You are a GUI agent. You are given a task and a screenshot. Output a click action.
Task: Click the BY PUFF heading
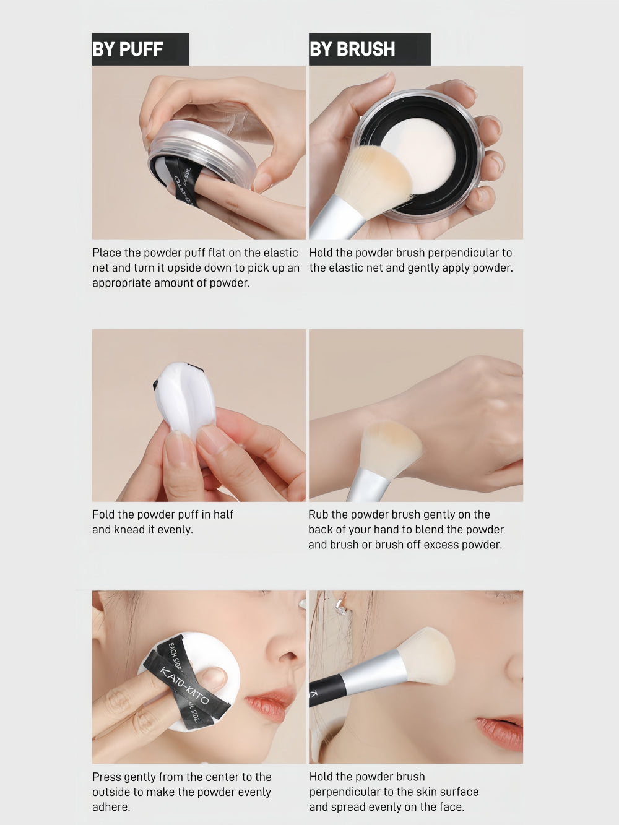click(128, 50)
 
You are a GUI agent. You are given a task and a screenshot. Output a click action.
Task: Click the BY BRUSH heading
click(352, 50)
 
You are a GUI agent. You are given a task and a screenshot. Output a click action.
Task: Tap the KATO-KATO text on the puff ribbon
click(184, 685)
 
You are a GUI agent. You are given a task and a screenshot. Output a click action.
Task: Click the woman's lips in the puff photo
click(268, 704)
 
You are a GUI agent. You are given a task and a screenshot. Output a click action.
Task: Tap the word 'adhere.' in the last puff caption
click(111, 807)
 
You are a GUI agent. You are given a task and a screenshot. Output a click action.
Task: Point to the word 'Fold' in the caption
click(104, 514)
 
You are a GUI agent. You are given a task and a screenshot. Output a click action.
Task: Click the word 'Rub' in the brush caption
click(318, 514)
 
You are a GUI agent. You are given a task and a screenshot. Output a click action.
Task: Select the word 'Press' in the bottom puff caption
click(106, 777)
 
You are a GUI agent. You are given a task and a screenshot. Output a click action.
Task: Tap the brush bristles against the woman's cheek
click(427, 656)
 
